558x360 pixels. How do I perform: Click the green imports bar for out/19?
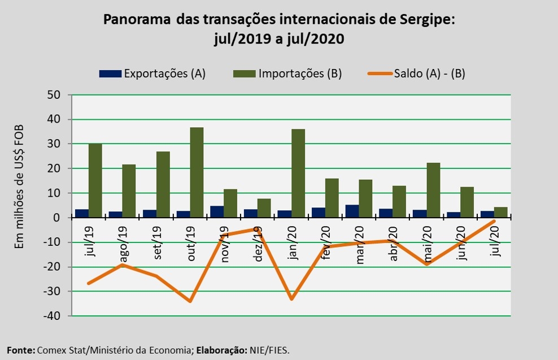197,172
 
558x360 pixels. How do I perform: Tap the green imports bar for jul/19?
95,180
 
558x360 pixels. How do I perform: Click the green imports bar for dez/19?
264,208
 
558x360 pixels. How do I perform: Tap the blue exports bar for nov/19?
217,212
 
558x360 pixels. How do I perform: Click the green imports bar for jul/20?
501,212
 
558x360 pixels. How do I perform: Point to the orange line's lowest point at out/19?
190,301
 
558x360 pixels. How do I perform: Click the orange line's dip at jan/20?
291,299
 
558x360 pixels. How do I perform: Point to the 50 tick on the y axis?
54,95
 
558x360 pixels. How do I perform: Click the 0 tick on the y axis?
57,218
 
